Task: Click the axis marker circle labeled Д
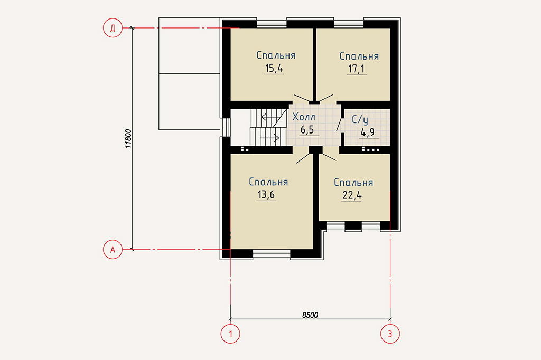(x=113, y=27)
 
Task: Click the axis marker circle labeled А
(x=113, y=249)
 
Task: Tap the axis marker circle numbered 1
(x=230, y=334)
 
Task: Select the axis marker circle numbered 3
(x=390, y=334)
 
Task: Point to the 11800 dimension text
(x=128, y=139)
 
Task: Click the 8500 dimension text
(x=310, y=315)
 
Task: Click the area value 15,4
(x=274, y=68)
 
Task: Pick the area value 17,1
(x=357, y=69)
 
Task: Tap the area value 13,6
(x=266, y=195)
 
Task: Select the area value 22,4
(x=352, y=195)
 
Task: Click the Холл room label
(x=304, y=117)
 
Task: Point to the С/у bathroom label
(x=360, y=120)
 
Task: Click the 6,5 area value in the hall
(x=307, y=130)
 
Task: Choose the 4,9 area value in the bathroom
(x=368, y=132)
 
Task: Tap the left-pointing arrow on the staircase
(x=270, y=117)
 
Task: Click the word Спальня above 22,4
(x=353, y=183)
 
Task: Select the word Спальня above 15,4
(x=276, y=55)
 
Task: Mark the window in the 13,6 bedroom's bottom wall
(x=272, y=254)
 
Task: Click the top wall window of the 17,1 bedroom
(x=349, y=23)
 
